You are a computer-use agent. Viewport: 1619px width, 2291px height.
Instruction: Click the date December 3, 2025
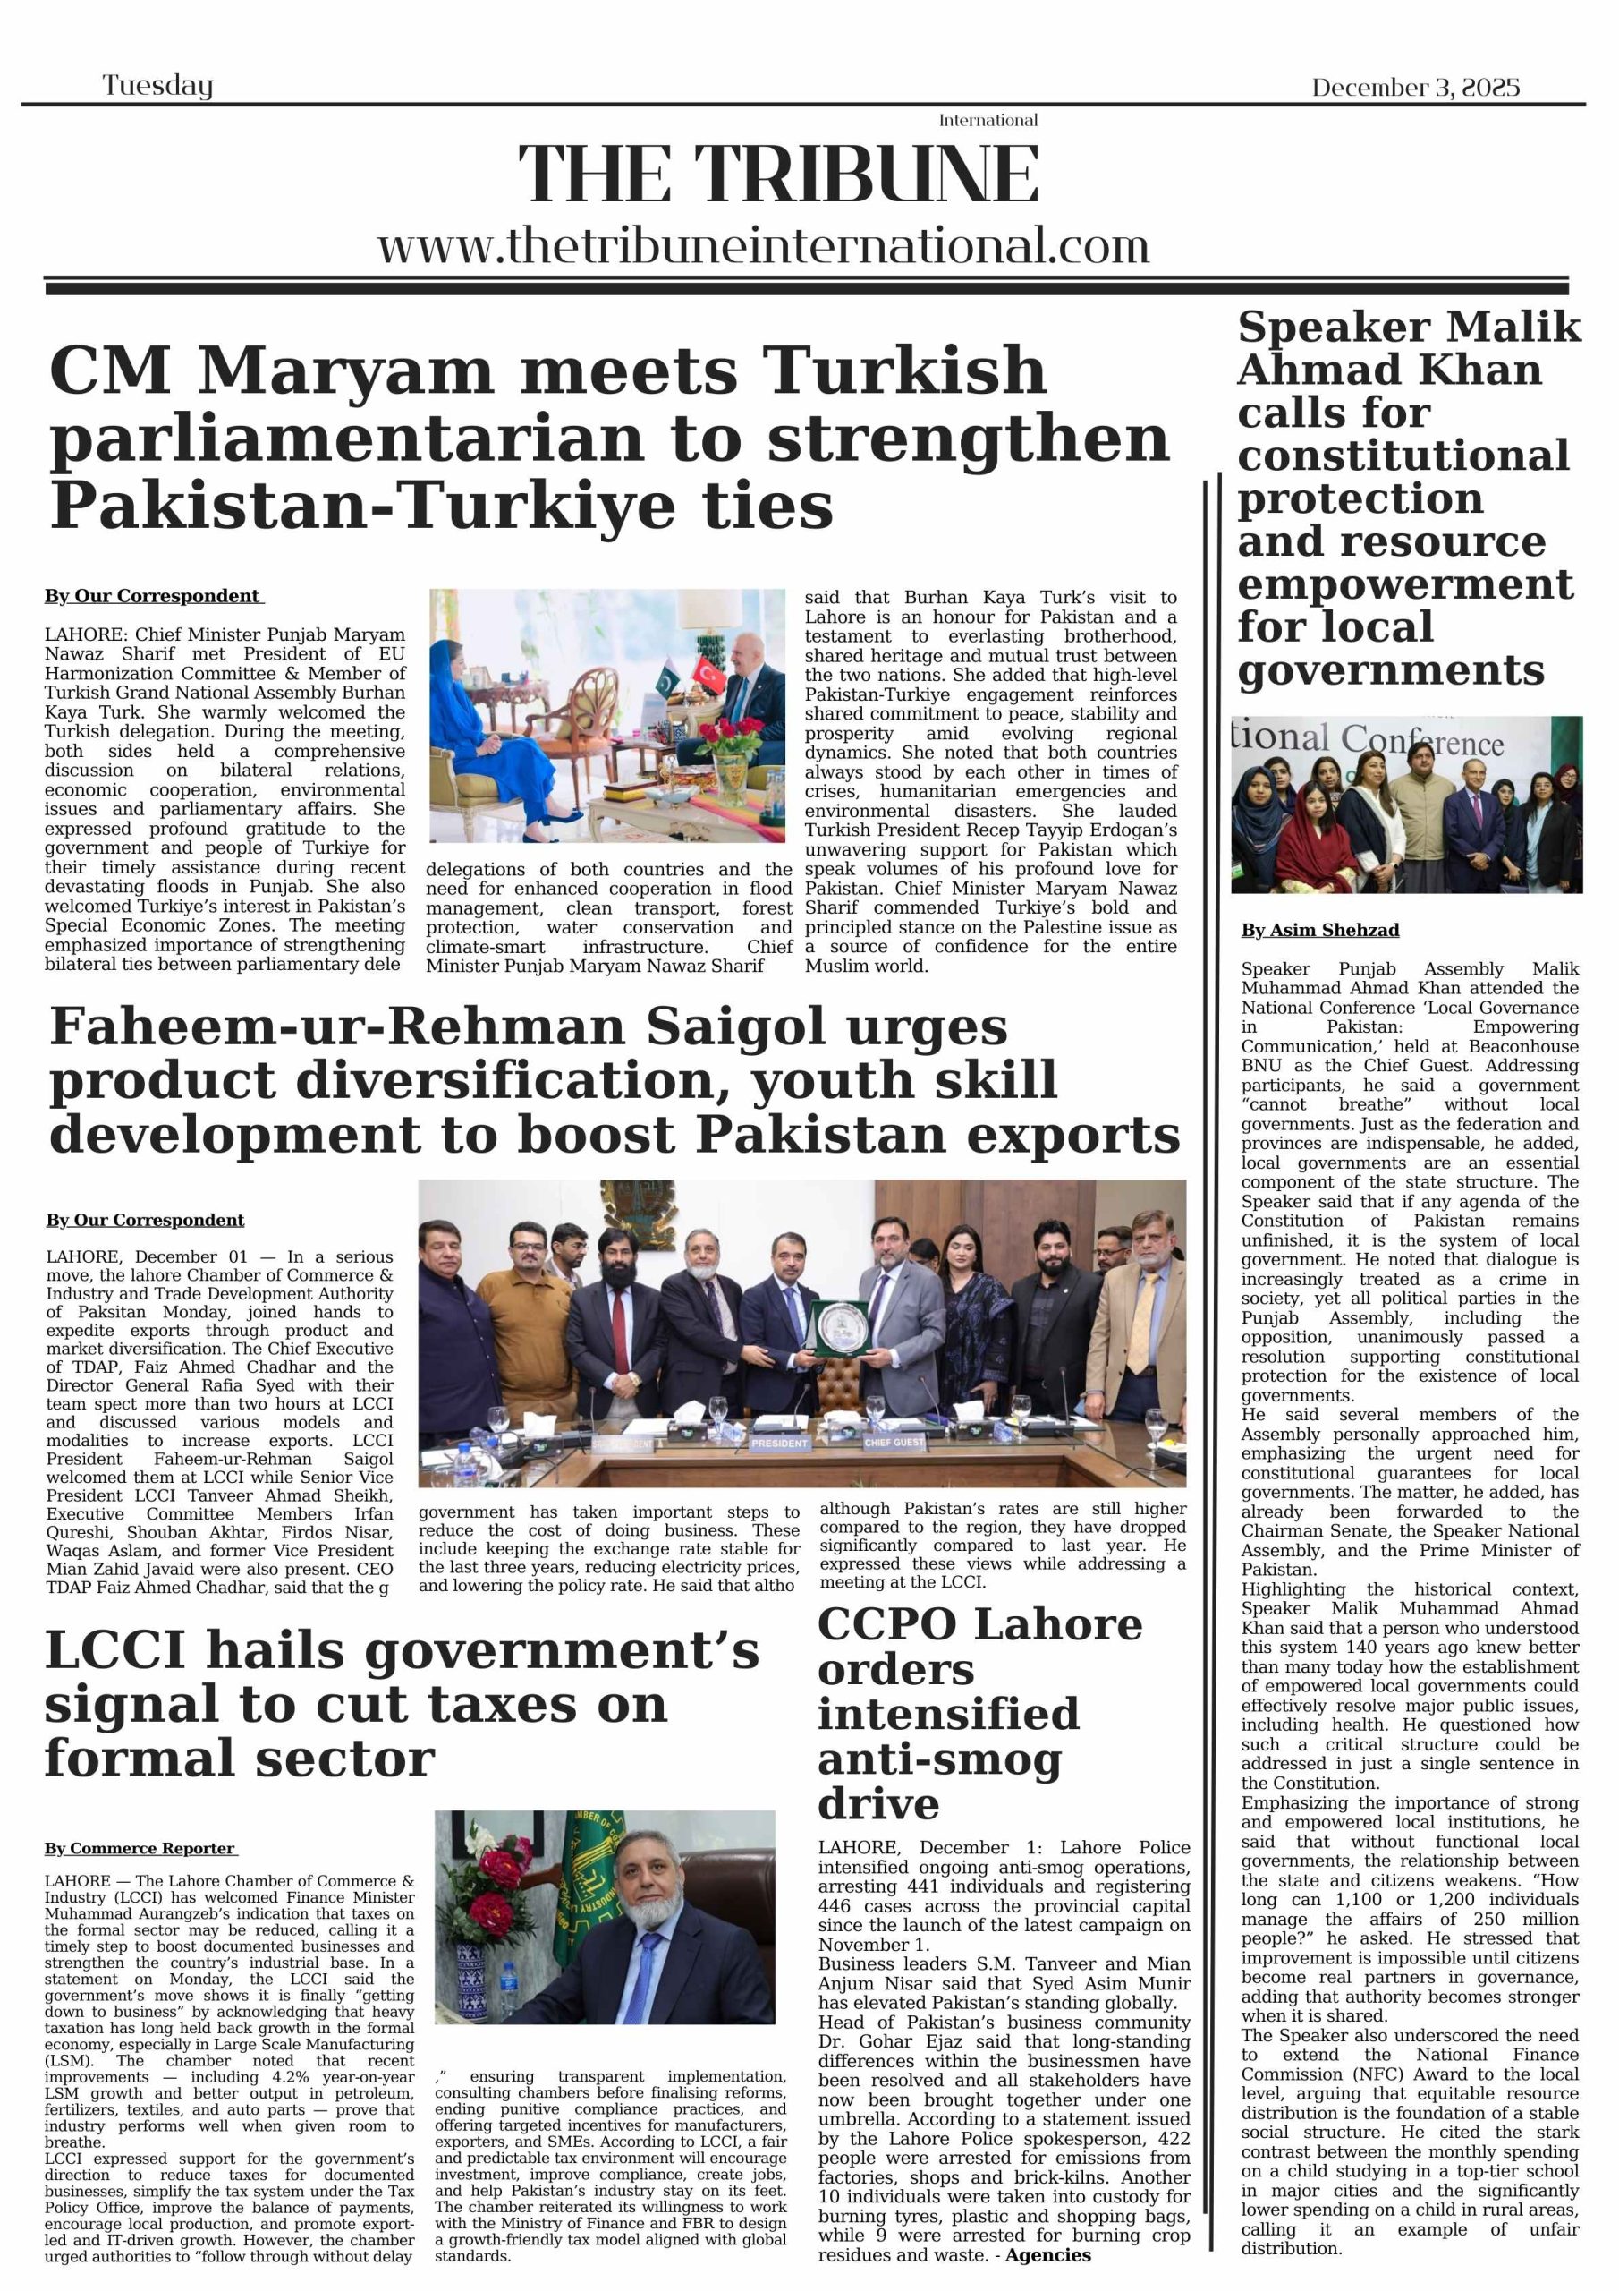pyautogui.click(x=1414, y=88)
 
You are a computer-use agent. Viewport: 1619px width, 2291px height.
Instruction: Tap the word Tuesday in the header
pyautogui.click(x=157, y=86)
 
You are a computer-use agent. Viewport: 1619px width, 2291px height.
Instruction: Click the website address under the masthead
pyautogui.click(x=763, y=245)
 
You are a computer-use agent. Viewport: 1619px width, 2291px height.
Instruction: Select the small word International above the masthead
pyautogui.click(x=988, y=121)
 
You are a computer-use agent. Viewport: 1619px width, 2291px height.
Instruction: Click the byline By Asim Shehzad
pyautogui.click(x=1318, y=930)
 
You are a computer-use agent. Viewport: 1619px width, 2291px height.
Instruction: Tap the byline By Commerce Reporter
pyautogui.click(x=140, y=1848)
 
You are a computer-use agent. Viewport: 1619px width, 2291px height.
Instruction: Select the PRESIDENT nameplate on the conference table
pyautogui.click(x=780, y=1443)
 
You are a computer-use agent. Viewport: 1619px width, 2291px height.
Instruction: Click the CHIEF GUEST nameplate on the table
pyautogui.click(x=894, y=1442)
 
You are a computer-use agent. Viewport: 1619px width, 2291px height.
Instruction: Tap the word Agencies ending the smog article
pyautogui.click(x=1047, y=2255)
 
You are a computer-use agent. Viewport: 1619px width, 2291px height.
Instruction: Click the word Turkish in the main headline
pyautogui.click(x=905, y=370)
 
